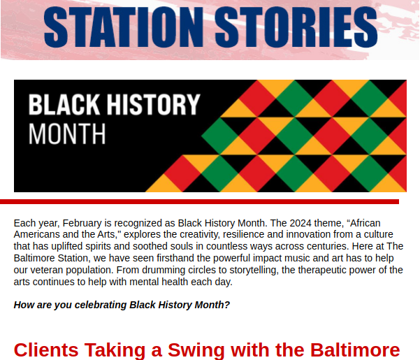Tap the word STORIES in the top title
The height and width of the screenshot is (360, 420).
coord(296,27)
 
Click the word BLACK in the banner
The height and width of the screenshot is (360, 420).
coord(64,104)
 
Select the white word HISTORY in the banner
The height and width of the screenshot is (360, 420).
coord(154,104)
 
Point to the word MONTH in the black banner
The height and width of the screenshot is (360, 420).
coord(67,134)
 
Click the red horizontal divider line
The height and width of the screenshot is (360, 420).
coord(200,202)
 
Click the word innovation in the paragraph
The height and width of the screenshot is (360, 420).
coord(308,235)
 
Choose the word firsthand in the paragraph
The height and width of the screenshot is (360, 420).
coord(175,258)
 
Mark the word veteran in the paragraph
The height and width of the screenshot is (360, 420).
coord(47,271)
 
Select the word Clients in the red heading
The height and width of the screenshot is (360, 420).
coord(46,350)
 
